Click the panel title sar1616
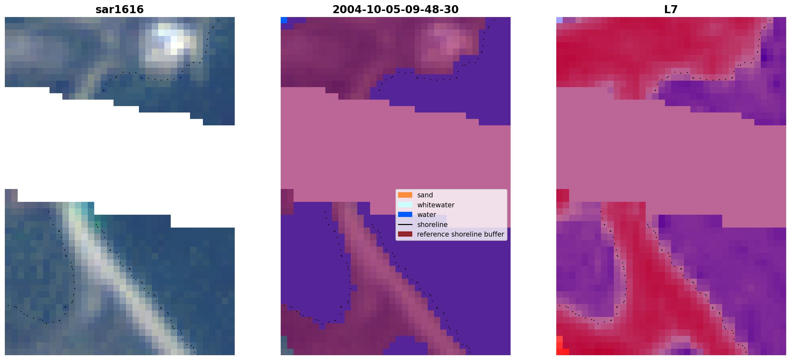point(120,10)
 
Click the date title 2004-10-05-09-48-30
point(395,10)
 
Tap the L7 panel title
point(671,10)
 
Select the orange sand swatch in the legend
point(405,195)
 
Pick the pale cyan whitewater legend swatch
point(405,205)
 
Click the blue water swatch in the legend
point(405,214)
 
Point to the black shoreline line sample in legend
point(405,224)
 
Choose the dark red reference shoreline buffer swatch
point(405,234)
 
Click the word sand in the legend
point(425,195)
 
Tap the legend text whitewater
point(436,205)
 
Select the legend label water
point(427,215)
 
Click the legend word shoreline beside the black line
point(432,224)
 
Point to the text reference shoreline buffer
point(460,234)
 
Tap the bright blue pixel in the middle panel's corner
point(284,20)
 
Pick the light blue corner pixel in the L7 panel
point(559,20)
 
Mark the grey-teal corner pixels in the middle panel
point(284,346)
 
